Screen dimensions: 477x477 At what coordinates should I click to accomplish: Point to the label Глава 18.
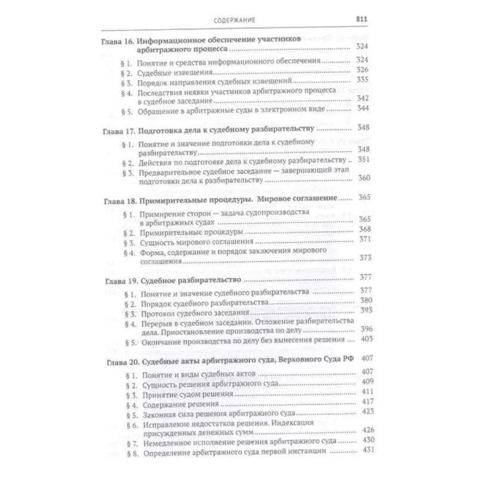click(117, 197)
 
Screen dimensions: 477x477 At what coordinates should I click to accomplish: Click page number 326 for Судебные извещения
click(363, 70)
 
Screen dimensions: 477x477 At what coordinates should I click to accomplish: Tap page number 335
click(363, 79)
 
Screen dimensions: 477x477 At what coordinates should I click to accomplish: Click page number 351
click(363, 161)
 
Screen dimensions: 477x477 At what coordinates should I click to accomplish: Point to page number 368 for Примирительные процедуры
click(363, 230)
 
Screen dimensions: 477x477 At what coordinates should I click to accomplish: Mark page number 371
click(363, 240)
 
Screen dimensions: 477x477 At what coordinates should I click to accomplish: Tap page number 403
click(363, 339)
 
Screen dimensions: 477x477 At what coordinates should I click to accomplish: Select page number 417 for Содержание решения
click(363, 402)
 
